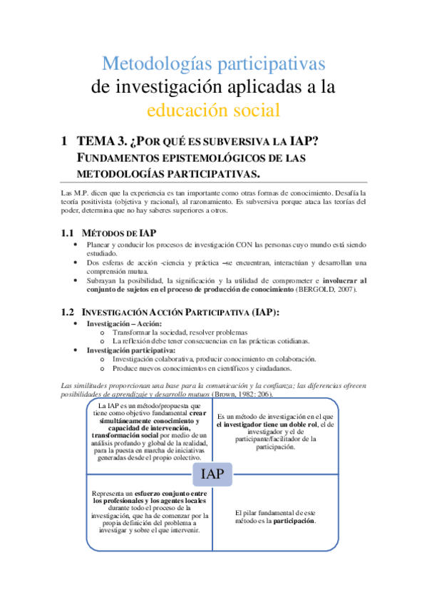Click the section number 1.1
point(67,233)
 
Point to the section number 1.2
point(67,311)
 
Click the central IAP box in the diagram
point(212,474)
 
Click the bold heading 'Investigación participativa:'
point(130,350)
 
